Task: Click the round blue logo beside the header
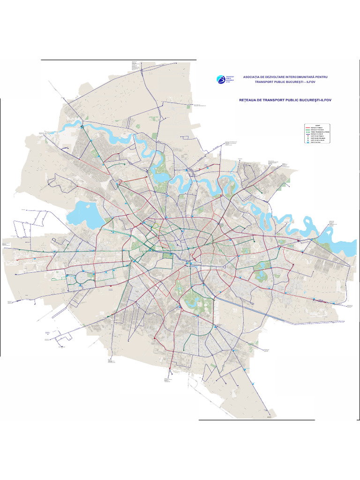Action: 221,79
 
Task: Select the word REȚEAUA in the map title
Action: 248,100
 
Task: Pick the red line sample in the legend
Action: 308,127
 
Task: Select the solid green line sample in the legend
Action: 308,130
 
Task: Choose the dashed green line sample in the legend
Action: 308,133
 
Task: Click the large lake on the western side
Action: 89,213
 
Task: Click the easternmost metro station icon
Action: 333,304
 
